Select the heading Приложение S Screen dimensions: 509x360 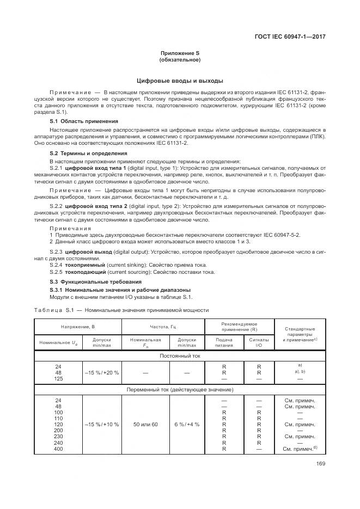[x=180, y=52]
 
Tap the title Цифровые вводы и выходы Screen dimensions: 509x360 [x=180, y=81]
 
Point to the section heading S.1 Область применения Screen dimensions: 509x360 [x=84, y=121]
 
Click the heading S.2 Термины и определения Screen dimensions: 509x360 [x=89, y=154]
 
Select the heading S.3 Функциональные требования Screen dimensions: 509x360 [x=96, y=281]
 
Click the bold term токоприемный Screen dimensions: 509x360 [x=84, y=265]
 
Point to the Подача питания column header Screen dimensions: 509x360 [x=224, y=343]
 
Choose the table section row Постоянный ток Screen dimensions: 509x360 [x=180, y=355]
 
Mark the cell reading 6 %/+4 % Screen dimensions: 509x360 [x=187, y=424]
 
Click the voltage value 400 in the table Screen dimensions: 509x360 [x=58, y=449]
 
